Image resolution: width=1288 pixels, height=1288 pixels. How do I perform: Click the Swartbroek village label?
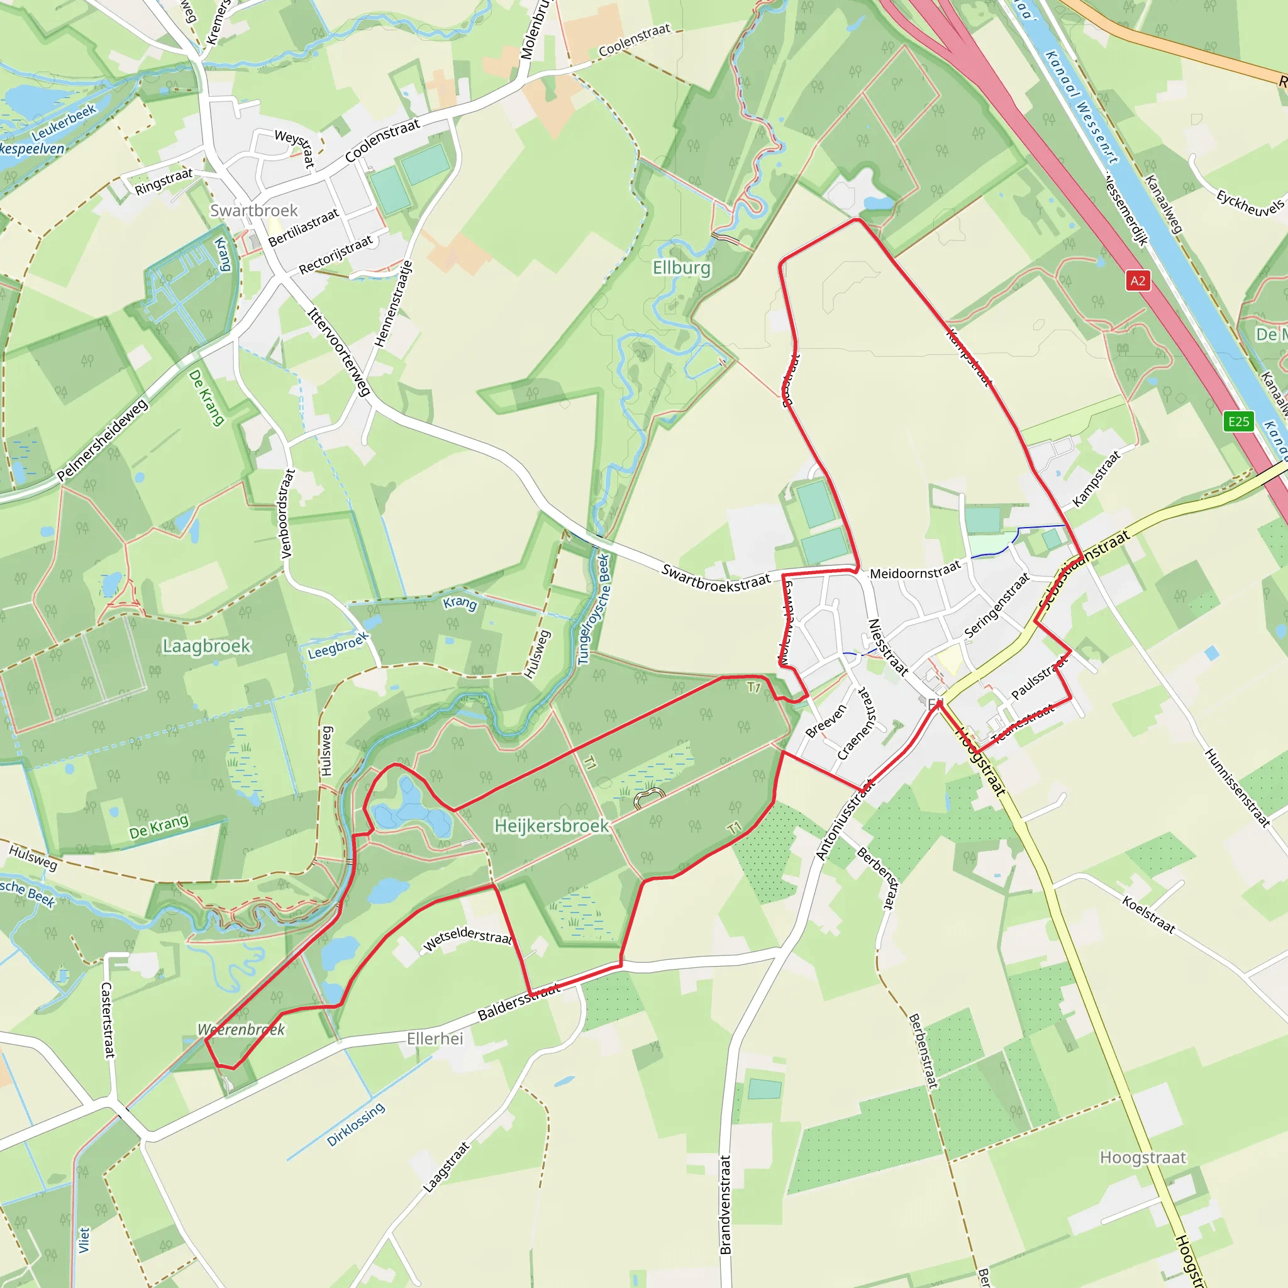tap(254, 211)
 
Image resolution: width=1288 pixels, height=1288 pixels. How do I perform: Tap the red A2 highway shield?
tap(1137, 280)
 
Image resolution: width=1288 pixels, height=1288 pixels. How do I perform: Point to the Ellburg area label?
tap(681, 268)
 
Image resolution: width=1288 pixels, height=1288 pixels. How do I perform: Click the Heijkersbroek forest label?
tap(552, 826)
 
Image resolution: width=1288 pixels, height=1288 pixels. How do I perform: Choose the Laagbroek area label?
tap(207, 646)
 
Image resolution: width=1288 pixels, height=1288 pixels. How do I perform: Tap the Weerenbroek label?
tap(241, 1030)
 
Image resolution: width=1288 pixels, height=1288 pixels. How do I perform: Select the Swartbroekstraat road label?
tap(715, 578)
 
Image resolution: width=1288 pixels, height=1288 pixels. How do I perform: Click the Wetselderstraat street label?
tap(467, 936)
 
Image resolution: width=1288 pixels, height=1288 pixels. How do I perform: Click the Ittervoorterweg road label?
tap(339, 352)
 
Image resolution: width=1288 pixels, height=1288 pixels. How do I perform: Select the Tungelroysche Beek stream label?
tap(594, 609)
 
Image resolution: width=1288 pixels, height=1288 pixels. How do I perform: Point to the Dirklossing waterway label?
tap(356, 1124)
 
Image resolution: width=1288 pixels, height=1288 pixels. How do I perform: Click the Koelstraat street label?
tap(1148, 914)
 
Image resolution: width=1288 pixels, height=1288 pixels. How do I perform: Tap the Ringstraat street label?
tap(164, 182)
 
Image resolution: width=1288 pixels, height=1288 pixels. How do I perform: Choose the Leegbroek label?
tap(338, 645)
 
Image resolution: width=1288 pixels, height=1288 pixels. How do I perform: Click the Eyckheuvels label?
tap(1250, 203)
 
